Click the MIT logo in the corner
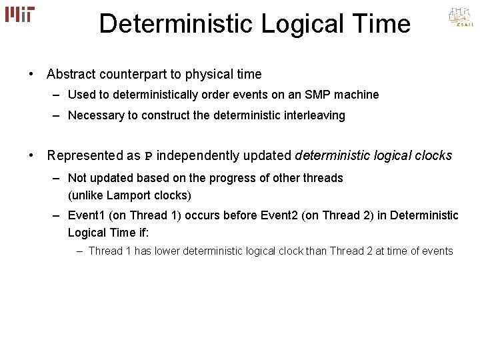point(20,13)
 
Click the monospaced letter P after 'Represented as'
point(148,157)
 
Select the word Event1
point(86,216)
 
